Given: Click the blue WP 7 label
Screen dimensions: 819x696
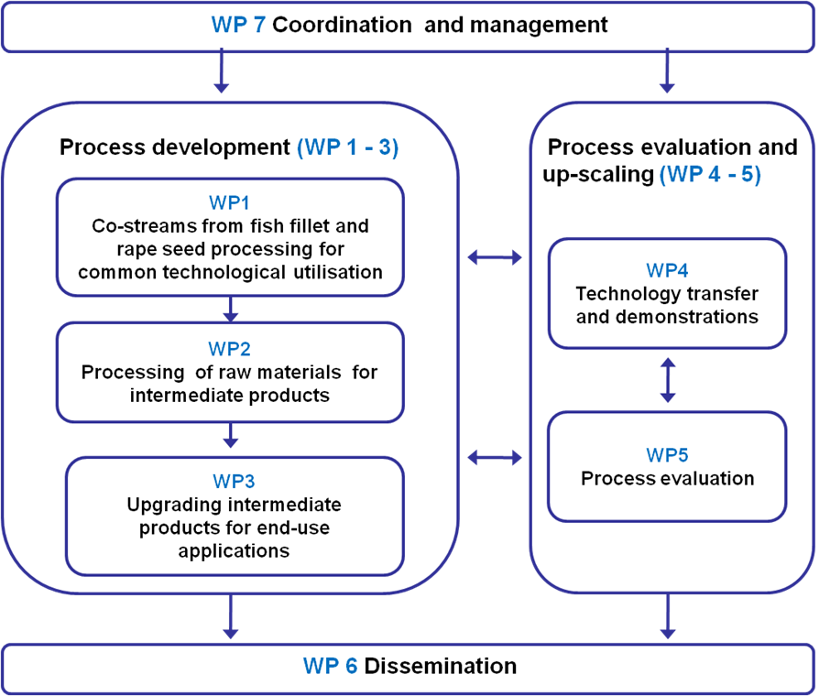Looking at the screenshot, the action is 238,25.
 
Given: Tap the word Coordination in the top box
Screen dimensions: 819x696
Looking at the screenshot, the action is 342,25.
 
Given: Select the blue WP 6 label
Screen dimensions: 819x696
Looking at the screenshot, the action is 330,666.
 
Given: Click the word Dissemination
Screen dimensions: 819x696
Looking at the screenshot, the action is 441,666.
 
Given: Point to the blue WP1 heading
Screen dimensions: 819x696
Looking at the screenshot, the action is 229,202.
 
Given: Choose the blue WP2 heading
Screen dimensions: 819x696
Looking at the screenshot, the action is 229,349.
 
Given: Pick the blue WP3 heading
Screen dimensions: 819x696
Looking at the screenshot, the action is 234,482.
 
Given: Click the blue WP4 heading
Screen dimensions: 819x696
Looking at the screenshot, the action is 667,270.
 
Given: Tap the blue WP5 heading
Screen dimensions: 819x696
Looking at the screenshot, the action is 667,455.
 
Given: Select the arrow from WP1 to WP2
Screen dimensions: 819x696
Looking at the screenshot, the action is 230,309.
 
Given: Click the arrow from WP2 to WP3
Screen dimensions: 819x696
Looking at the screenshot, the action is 230,435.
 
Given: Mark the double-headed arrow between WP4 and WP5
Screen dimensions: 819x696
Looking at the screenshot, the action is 668,379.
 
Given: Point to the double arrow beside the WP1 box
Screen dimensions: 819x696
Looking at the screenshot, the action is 495,257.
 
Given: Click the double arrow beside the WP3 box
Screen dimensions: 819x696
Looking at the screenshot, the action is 495,458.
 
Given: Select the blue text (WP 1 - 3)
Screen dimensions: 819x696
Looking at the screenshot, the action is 348,147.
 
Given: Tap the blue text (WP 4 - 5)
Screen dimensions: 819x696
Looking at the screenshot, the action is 710,174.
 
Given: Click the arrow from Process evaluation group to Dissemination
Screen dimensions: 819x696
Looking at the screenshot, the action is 668,616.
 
